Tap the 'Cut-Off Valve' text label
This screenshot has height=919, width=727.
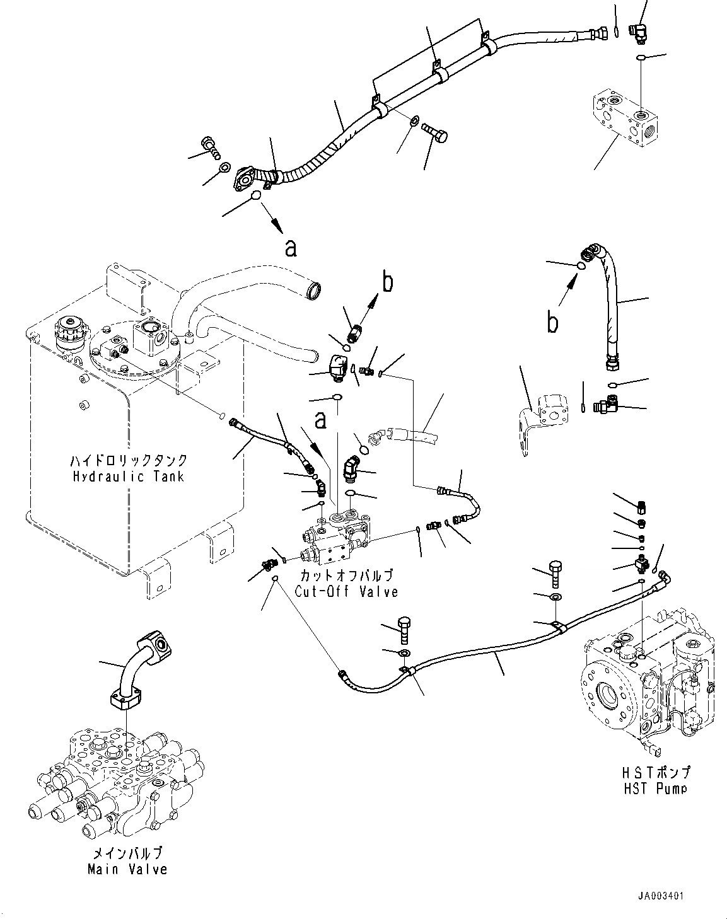[x=346, y=591]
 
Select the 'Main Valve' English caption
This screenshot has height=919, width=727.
[x=128, y=869]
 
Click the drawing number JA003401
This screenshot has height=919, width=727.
[x=659, y=896]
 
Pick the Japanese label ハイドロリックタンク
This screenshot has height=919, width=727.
[x=128, y=461]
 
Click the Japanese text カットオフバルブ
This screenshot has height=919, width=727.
[x=346, y=575]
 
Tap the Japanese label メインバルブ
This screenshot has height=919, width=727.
[x=128, y=853]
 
